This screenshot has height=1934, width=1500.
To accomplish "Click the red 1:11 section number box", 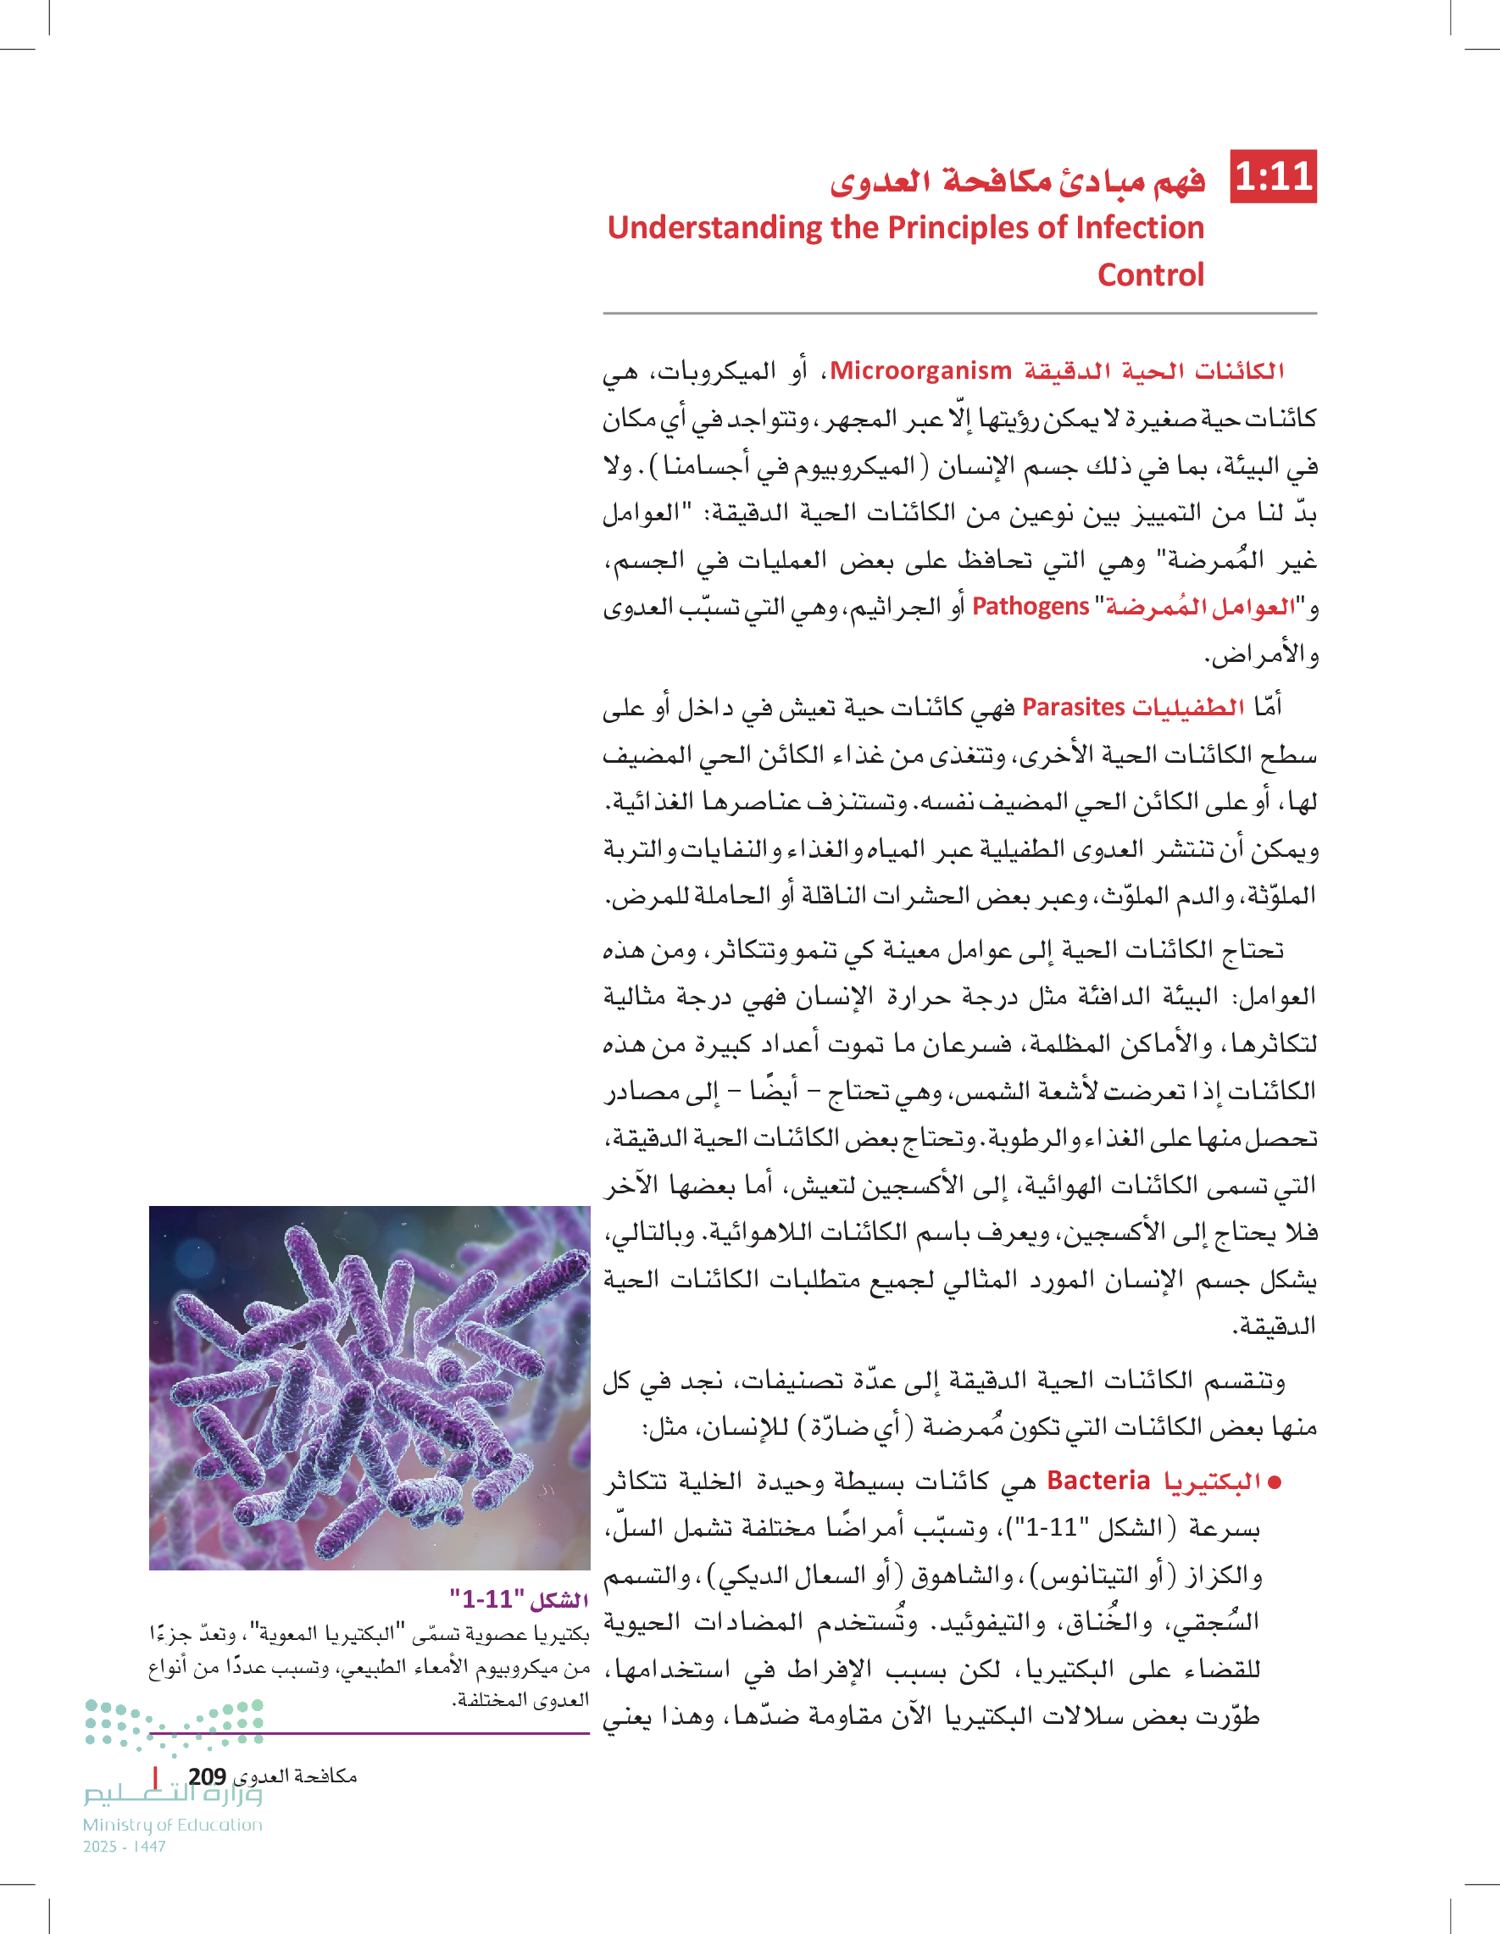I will [x=1274, y=176].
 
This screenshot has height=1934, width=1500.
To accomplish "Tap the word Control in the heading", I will [x=1150, y=275].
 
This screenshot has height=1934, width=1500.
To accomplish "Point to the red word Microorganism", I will [x=920, y=371].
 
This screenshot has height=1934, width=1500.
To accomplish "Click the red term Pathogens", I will [x=1030, y=607].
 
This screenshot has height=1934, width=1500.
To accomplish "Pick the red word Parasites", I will [x=1073, y=708].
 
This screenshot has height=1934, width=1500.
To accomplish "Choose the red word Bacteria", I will [x=1098, y=1481].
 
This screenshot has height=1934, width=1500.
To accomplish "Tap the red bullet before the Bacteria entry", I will [x=1275, y=1482].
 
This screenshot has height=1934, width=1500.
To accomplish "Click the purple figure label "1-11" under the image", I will [x=519, y=1599].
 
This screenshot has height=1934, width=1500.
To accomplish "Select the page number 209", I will [x=207, y=1776].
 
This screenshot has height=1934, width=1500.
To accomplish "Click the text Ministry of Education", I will [x=173, y=1825].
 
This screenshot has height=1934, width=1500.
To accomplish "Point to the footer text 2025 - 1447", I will [x=124, y=1847].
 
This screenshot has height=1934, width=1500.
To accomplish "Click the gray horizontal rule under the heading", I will [x=959, y=314].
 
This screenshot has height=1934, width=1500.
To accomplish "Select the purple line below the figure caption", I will [x=369, y=1733].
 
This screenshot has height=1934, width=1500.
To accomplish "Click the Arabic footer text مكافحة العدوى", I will [x=293, y=1776].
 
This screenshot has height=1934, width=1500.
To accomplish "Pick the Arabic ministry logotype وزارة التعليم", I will [x=173, y=1795].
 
